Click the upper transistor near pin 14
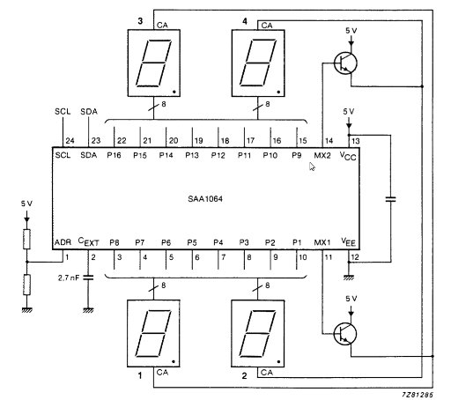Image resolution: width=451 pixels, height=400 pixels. tap(347, 63)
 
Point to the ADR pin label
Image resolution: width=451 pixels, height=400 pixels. tap(63, 241)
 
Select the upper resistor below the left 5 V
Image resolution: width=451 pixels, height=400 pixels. tap(26, 237)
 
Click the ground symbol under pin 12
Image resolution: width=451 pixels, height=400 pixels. tap(347, 276)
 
